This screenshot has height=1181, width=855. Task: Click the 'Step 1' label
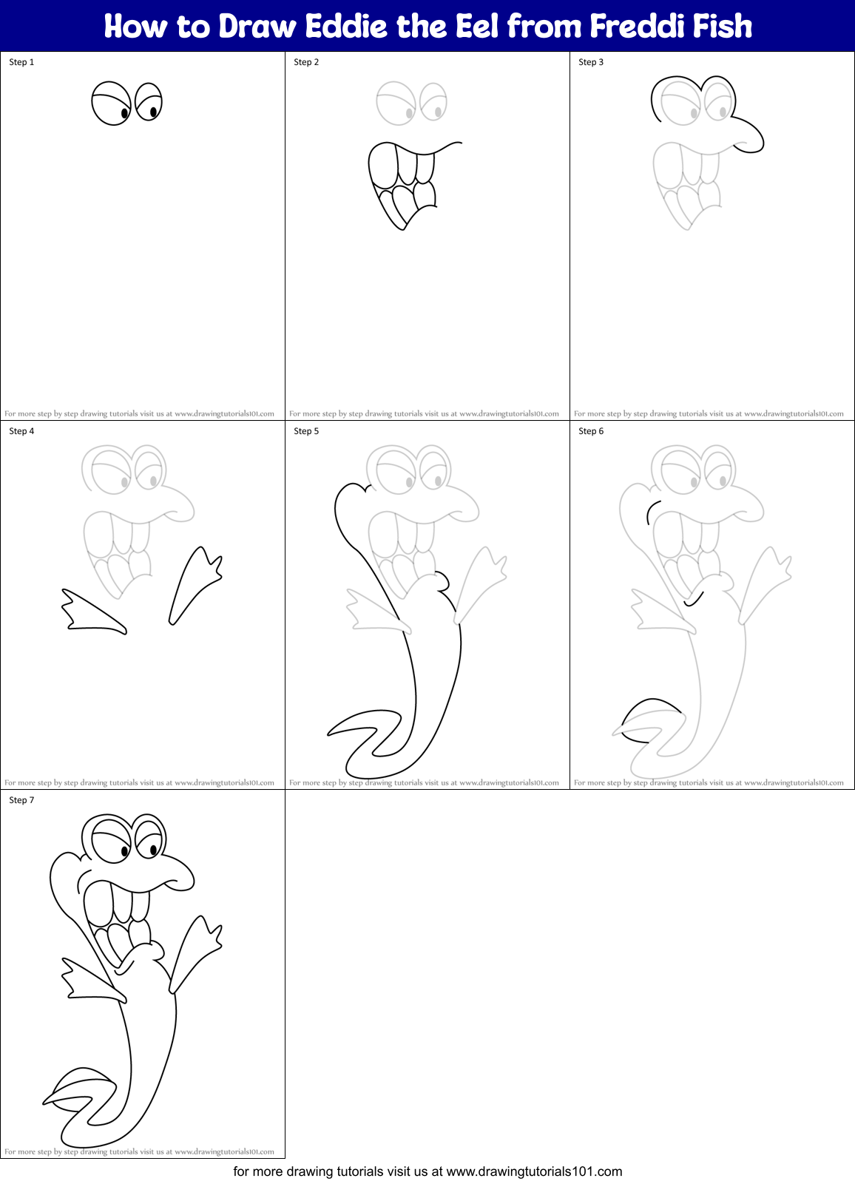pyautogui.click(x=21, y=62)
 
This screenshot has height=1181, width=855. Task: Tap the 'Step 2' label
pyautogui.click(x=306, y=62)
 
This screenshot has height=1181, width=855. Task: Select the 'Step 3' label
pyautogui.click(x=591, y=62)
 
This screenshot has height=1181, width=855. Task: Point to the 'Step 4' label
pyautogui.click(x=21, y=431)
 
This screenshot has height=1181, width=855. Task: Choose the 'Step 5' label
pyautogui.click(x=306, y=431)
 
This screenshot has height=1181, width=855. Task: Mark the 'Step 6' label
pyautogui.click(x=591, y=431)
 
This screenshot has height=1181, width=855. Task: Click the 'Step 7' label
pyautogui.click(x=21, y=800)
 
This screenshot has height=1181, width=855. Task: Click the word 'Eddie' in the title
pyautogui.click(x=347, y=27)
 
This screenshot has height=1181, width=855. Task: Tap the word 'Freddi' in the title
pyautogui.click(x=637, y=27)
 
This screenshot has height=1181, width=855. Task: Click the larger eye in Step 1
pyautogui.click(x=111, y=104)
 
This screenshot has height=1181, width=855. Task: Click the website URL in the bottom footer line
pyautogui.click(x=534, y=1171)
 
